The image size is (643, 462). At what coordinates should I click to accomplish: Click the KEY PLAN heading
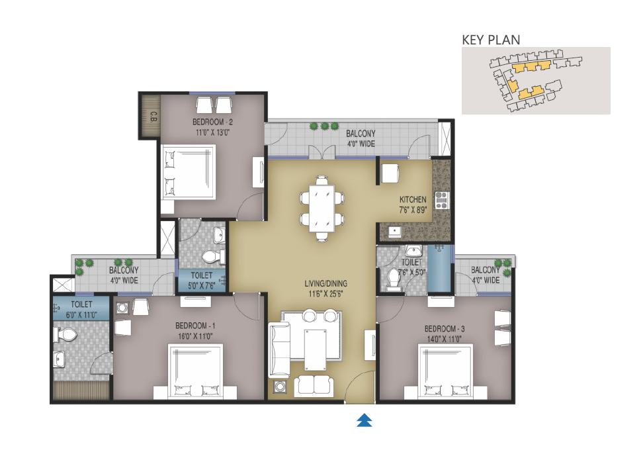(491, 40)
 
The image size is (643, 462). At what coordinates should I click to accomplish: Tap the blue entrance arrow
(364, 420)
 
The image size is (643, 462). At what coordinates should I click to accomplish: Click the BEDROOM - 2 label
(212, 122)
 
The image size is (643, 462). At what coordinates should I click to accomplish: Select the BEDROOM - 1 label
(195, 326)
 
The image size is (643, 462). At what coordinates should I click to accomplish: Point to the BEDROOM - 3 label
(445, 329)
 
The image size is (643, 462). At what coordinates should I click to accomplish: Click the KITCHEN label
(413, 199)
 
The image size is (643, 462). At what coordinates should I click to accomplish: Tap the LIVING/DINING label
(325, 283)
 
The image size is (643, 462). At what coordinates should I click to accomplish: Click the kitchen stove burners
(441, 201)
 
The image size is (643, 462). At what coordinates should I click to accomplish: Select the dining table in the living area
(321, 208)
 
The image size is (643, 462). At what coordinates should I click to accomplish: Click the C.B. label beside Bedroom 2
(153, 116)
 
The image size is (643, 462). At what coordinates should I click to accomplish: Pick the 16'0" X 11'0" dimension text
(195, 336)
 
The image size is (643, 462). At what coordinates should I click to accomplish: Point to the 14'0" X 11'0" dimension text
(445, 340)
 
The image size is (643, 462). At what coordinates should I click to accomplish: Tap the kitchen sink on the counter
(394, 231)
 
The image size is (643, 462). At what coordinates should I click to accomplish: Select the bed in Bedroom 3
(445, 371)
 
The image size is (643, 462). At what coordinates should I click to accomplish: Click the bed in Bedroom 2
(189, 171)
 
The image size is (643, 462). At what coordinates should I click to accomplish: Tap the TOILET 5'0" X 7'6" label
(201, 280)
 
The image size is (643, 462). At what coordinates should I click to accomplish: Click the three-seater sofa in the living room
(279, 349)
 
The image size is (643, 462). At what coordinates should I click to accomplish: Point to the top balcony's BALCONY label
(361, 133)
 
